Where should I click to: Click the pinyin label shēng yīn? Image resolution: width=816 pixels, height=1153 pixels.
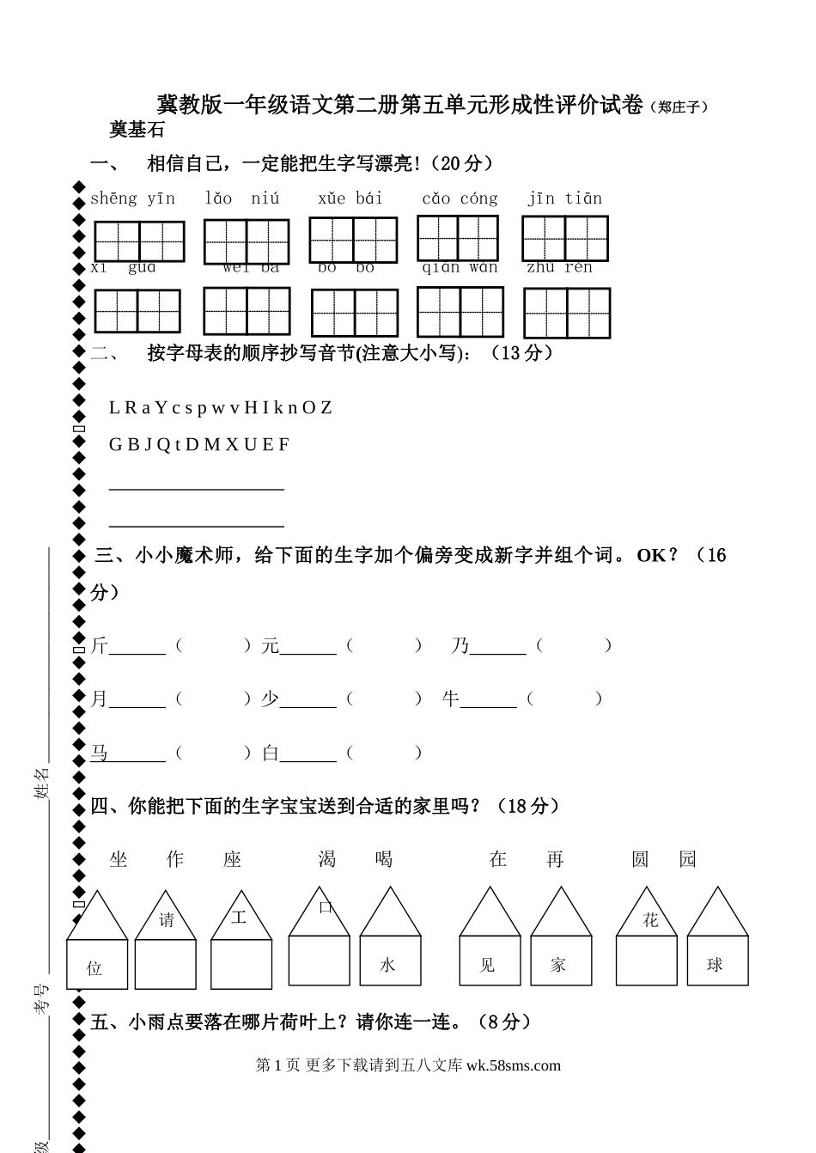click(132, 198)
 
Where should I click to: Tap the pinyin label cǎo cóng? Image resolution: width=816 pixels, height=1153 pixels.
click(460, 198)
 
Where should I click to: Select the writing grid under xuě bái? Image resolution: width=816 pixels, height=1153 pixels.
click(353, 240)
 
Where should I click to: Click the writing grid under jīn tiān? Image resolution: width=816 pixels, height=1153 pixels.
click(565, 238)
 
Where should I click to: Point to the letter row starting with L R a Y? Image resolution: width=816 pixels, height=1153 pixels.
click(220, 407)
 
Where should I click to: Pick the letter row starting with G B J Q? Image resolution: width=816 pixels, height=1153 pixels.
click(199, 444)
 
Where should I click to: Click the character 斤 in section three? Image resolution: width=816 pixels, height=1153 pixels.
click(100, 646)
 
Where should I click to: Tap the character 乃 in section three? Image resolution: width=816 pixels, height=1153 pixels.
click(460, 646)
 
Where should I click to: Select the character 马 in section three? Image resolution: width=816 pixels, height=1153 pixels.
click(100, 753)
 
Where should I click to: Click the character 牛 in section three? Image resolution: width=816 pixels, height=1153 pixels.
click(451, 699)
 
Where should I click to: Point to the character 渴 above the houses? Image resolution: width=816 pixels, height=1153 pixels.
click(327, 859)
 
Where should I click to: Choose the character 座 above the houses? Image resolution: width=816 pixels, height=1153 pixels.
click(233, 859)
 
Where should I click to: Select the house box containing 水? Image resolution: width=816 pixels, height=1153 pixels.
click(390, 960)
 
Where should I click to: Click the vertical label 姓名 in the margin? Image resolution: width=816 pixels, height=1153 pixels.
click(41, 783)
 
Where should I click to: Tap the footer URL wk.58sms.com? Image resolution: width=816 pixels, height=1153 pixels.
click(513, 1065)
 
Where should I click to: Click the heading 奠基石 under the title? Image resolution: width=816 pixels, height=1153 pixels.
click(137, 131)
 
